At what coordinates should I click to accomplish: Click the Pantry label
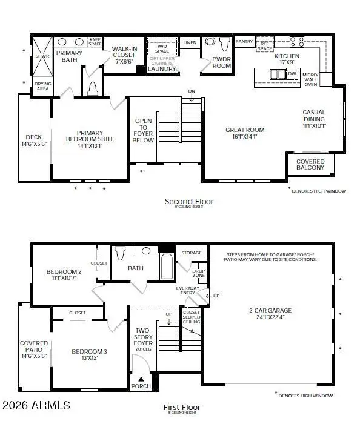coord(244,42)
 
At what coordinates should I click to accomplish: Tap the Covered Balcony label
coord(310,164)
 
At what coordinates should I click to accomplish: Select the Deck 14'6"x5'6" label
coord(34,141)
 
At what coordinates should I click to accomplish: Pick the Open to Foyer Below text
coord(143,130)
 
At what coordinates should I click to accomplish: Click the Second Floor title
coord(189,201)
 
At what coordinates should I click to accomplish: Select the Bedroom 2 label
coord(63,275)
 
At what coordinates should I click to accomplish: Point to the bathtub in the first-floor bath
coord(167,266)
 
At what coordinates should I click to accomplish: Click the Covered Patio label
coord(34,350)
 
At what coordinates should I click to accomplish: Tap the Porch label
coord(141,386)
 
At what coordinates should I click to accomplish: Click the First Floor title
coord(182,408)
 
